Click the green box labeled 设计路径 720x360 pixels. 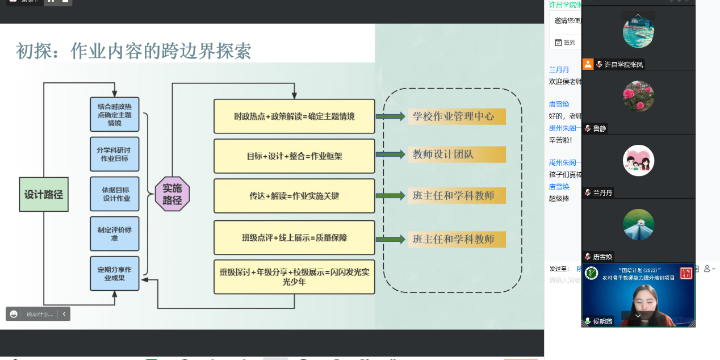pyautogui.click(x=44, y=194)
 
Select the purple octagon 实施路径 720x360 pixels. pyautogui.click(x=172, y=194)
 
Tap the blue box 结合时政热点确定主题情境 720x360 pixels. pyautogui.click(x=114, y=115)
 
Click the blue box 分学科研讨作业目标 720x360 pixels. pyautogui.click(x=114, y=154)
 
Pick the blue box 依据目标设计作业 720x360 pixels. pyautogui.click(x=114, y=194)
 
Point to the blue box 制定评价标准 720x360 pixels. pyautogui.click(x=114, y=233)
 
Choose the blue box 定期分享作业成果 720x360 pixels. pyautogui.click(x=114, y=274)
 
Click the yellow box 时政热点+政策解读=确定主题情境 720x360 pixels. pyautogui.click(x=294, y=116)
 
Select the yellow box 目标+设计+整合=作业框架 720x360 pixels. pyautogui.click(x=294, y=156)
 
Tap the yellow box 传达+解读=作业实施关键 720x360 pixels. pyautogui.click(x=294, y=196)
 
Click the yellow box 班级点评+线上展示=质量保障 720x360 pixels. pyautogui.click(x=294, y=237)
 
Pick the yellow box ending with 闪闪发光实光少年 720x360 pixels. pyautogui.click(x=294, y=277)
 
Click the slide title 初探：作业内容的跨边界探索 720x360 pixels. pyautogui.click(x=133, y=51)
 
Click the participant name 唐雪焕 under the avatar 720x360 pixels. pyautogui.click(x=603, y=257)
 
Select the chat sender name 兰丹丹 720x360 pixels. pyautogui.click(x=559, y=70)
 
